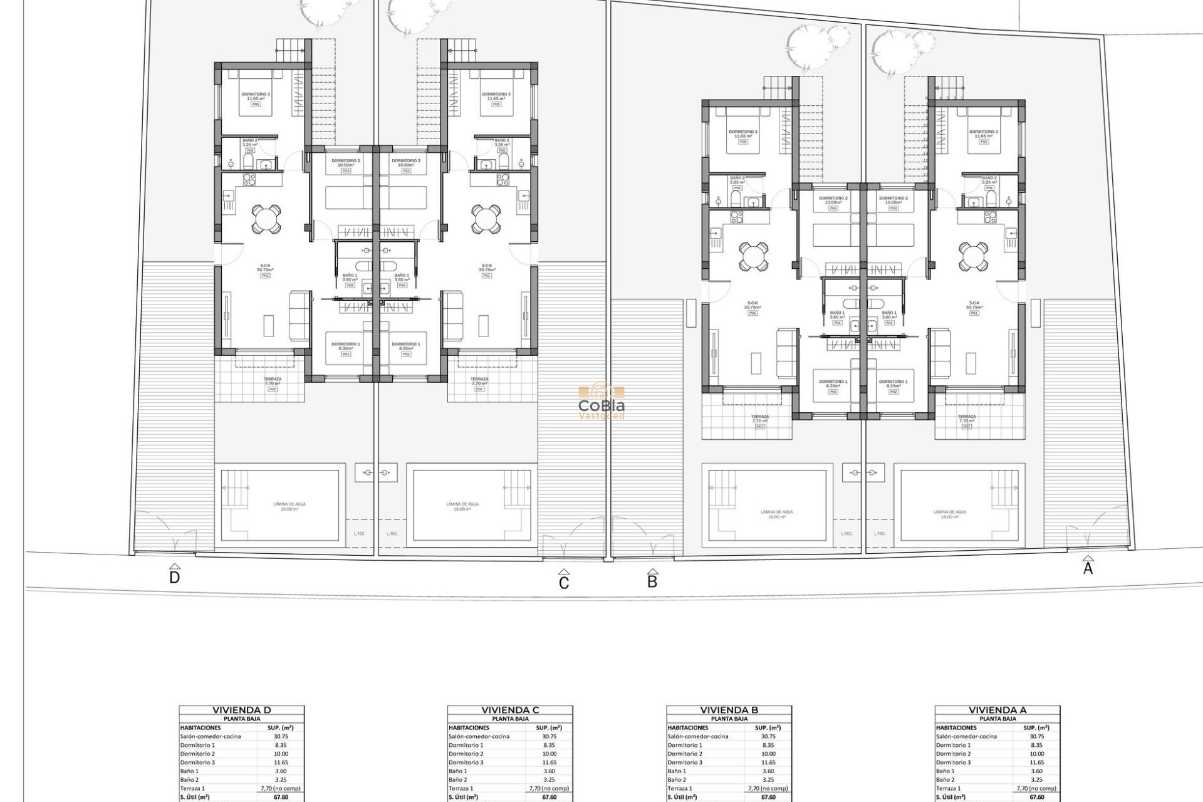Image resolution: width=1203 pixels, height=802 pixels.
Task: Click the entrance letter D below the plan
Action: point(175,577)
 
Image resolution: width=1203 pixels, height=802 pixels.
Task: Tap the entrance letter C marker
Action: point(564,583)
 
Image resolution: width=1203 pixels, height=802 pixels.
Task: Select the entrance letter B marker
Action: point(652,581)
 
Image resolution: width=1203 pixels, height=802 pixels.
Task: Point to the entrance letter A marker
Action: point(1088,568)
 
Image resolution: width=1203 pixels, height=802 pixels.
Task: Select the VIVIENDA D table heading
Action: point(242,710)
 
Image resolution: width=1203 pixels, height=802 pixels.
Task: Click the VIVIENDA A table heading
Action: point(997,710)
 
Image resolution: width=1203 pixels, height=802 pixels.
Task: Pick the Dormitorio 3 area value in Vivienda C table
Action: point(549,763)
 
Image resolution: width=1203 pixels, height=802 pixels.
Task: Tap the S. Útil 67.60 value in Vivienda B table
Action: point(768,798)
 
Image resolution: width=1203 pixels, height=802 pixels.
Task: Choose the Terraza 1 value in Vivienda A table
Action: point(1036,789)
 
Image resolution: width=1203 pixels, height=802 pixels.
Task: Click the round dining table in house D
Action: point(266,219)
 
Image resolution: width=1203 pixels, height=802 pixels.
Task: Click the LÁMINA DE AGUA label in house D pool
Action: point(289,506)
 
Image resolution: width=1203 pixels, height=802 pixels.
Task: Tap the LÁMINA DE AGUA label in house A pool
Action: point(950,514)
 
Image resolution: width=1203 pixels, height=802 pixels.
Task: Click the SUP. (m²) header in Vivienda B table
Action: point(768,727)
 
